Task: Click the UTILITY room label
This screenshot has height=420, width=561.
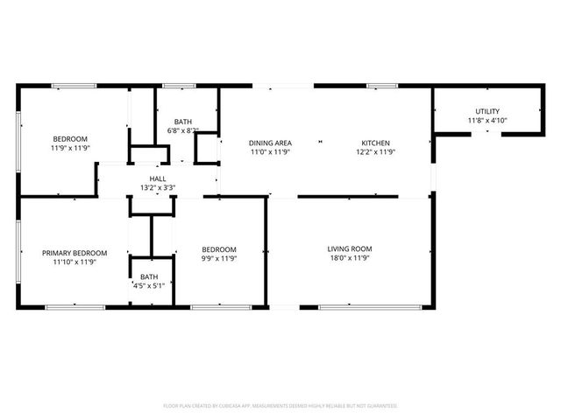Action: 487,111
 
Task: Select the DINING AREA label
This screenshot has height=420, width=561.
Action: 270,143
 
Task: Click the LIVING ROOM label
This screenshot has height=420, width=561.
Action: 350,248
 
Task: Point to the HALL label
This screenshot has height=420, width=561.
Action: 158,178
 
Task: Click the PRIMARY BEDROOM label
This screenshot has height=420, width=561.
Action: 75,253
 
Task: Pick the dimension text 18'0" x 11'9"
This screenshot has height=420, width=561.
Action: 350,258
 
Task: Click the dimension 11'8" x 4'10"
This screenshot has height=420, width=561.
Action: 487,121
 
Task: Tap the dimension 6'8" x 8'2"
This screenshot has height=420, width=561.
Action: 183,131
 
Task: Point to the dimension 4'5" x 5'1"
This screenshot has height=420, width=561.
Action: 149,285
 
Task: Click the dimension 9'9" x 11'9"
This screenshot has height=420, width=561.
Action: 219,258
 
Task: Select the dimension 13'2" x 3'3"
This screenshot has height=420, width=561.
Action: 158,187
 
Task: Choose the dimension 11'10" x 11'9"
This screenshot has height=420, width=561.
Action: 75,262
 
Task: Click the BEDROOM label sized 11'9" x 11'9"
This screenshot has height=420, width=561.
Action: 70,139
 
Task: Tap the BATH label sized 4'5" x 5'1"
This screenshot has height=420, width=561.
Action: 149,276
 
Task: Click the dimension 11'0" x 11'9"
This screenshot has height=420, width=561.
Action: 270,152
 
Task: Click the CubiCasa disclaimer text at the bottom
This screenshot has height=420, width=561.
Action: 280,406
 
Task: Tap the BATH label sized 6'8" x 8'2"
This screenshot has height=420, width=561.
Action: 183,122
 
